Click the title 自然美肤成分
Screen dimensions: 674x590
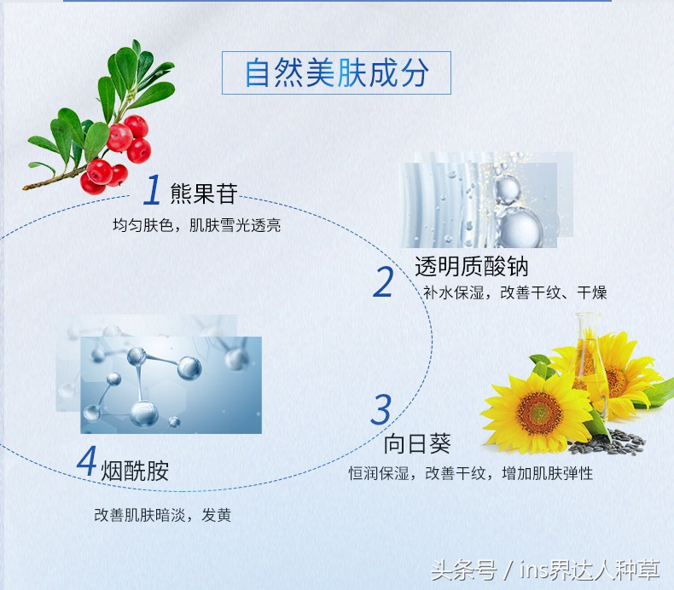(336, 72)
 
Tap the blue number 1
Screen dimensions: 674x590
(152, 189)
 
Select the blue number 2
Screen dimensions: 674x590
(383, 281)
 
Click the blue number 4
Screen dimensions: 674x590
(87, 460)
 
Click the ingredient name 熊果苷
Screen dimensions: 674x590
(204, 194)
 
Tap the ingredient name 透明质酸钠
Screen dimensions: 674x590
(472, 266)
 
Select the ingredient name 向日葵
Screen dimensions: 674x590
(417, 443)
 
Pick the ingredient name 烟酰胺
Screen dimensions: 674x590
(135, 471)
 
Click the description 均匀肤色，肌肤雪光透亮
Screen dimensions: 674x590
(197, 225)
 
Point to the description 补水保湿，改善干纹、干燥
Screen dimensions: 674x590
(515, 292)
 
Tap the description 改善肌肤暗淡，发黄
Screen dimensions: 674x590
(162, 515)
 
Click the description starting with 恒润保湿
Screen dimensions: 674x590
(471, 473)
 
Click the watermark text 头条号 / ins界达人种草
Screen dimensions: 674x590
(545, 570)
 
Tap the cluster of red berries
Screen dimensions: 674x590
(117, 154)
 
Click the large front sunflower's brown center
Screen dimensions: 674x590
(539, 413)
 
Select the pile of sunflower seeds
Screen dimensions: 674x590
(607, 442)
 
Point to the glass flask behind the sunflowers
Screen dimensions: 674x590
(591, 365)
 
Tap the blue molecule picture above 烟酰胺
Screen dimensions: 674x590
(171, 385)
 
